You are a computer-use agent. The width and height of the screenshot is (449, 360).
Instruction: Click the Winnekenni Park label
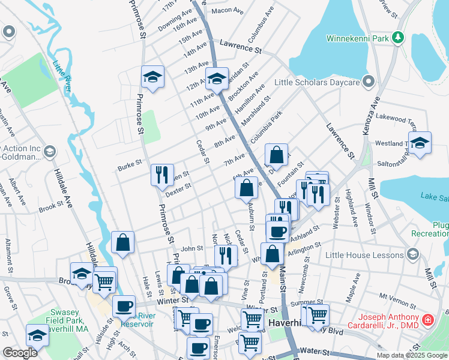tap(358, 38)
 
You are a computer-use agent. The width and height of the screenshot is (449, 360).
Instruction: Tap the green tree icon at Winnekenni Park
tap(397, 38)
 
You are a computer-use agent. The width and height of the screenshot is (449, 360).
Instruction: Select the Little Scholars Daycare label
tap(316, 82)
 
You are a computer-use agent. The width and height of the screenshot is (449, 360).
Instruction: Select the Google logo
tap(20, 353)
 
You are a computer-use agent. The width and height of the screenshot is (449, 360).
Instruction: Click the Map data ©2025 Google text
tap(412, 355)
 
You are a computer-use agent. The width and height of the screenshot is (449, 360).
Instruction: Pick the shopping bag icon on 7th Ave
tap(276, 155)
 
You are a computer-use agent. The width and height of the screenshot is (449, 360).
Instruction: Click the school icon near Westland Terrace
tap(420, 143)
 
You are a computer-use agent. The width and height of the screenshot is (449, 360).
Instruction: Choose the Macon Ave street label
tap(226, 10)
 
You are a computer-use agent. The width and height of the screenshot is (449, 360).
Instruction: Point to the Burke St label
tap(129, 162)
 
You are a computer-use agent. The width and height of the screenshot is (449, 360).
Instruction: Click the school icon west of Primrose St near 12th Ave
tap(153, 77)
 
